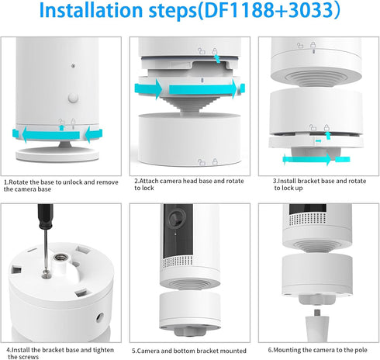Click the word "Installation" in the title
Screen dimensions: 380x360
91,10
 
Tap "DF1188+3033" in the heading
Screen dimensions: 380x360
268,10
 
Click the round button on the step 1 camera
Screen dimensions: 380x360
73,98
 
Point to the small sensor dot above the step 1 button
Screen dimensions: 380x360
73,66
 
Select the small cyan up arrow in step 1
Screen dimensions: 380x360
61,127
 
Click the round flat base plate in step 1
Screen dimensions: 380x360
57,154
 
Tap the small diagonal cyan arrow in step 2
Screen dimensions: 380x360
217,59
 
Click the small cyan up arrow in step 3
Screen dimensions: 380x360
328,135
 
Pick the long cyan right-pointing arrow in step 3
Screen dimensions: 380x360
307,159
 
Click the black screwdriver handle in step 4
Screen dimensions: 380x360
46,216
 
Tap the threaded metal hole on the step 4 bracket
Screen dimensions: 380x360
61,258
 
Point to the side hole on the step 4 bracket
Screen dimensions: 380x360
100,317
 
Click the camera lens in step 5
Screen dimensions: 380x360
177,217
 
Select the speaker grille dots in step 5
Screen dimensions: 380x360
178,261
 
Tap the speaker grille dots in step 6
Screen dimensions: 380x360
307,219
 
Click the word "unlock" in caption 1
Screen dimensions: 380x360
73,182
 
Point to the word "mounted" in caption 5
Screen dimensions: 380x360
233,351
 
